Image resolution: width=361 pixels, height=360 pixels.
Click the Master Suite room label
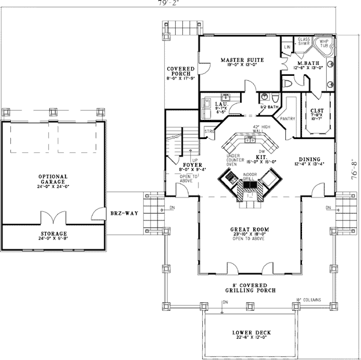click(x=239, y=60)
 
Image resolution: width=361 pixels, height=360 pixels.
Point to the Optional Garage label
click(x=53, y=179)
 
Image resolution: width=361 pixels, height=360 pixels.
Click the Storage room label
click(x=53, y=234)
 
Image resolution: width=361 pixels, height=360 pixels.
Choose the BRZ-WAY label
click(x=122, y=213)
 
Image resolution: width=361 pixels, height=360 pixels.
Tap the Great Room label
click(x=248, y=230)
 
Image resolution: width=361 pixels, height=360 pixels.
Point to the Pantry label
click(x=288, y=119)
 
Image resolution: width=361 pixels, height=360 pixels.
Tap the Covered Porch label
click(x=180, y=71)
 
